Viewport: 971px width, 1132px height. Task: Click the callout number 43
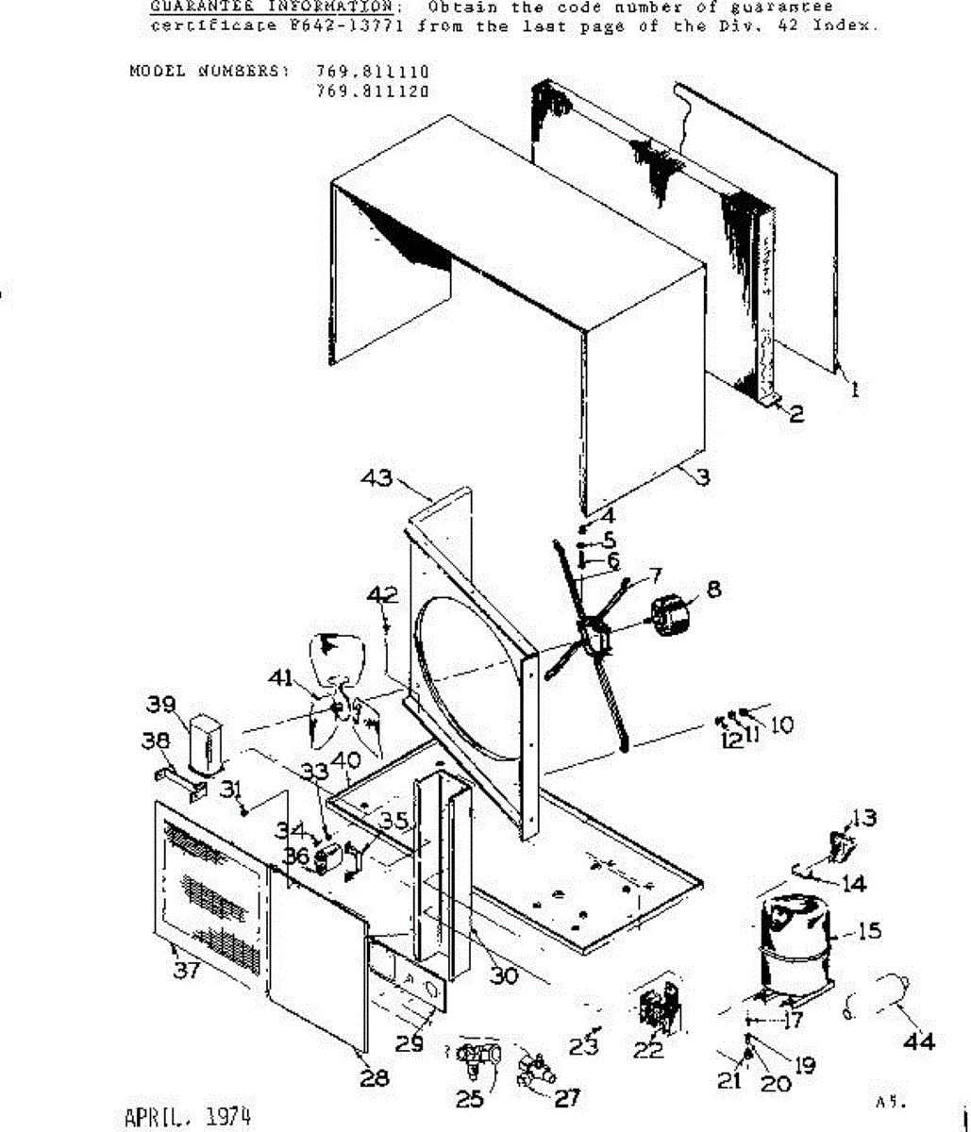coord(378,478)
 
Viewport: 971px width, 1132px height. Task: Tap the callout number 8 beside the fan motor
coord(713,589)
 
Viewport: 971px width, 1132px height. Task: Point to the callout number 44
coord(919,1041)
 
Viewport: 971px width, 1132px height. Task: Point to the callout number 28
coord(374,1077)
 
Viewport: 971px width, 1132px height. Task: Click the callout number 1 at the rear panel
coord(855,388)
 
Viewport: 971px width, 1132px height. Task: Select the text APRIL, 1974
coord(188,1117)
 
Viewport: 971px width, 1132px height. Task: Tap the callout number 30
coord(504,975)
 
